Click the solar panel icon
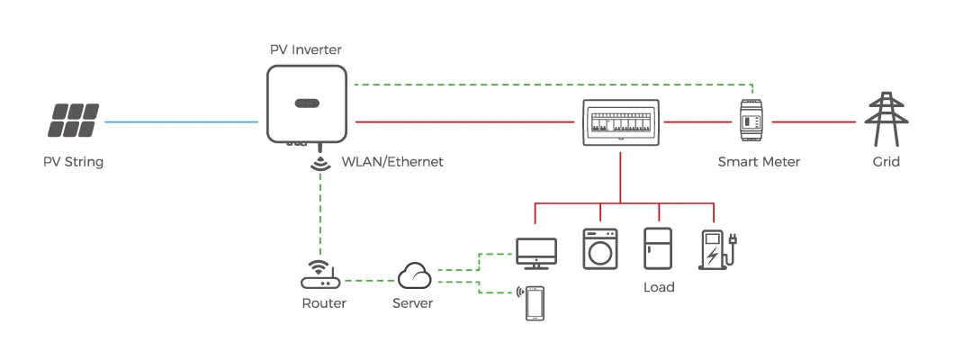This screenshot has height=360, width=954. pyautogui.click(x=74, y=120)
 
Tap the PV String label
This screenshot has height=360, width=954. pyautogui.click(x=74, y=162)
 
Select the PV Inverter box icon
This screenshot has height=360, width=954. pyautogui.click(x=306, y=103)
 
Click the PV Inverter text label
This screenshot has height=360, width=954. pyautogui.click(x=306, y=49)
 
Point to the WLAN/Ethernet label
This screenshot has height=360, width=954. pyautogui.click(x=392, y=162)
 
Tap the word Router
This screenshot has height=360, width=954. pyautogui.click(x=324, y=303)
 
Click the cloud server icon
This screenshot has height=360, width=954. pyautogui.click(x=414, y=274)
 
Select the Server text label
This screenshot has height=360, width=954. pyautogui.click(x=413, y=303)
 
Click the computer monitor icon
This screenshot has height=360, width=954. pyautogui.click(x=536, y=253)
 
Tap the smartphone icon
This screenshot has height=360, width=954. pyautogui.click(x=535, y=303)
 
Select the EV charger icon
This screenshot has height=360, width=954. pyautogui.click(x=716, y=249)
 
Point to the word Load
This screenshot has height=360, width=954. pyautogui.click(x=659, y=288)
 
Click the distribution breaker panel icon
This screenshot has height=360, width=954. pyautogui.click(x=621, y=121)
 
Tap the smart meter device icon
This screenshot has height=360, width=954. pyautogui.click(x=754, y=121)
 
